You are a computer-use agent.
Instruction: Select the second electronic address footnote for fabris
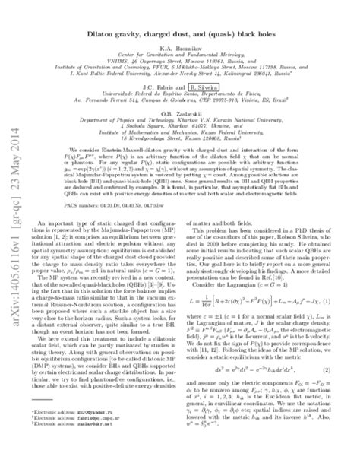71,452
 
